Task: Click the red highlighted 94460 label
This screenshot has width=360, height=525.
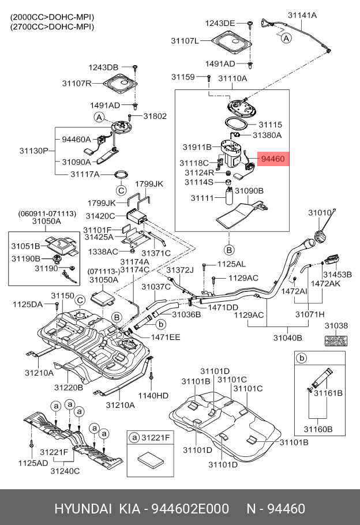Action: click(x=273, y=157)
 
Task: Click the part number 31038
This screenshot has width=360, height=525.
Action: click(x=336, y=326)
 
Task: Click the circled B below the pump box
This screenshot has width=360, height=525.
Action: click(x=229, y=250)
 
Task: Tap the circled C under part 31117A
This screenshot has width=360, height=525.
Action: click(x=121, y=190)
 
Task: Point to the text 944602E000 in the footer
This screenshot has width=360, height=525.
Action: click(x=187, y=509)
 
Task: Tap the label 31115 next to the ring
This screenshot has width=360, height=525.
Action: click(x=270, y=124)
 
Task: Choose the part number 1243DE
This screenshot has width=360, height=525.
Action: click(x=220, y=23)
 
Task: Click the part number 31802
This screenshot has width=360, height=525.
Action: click(x=155, y=116)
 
